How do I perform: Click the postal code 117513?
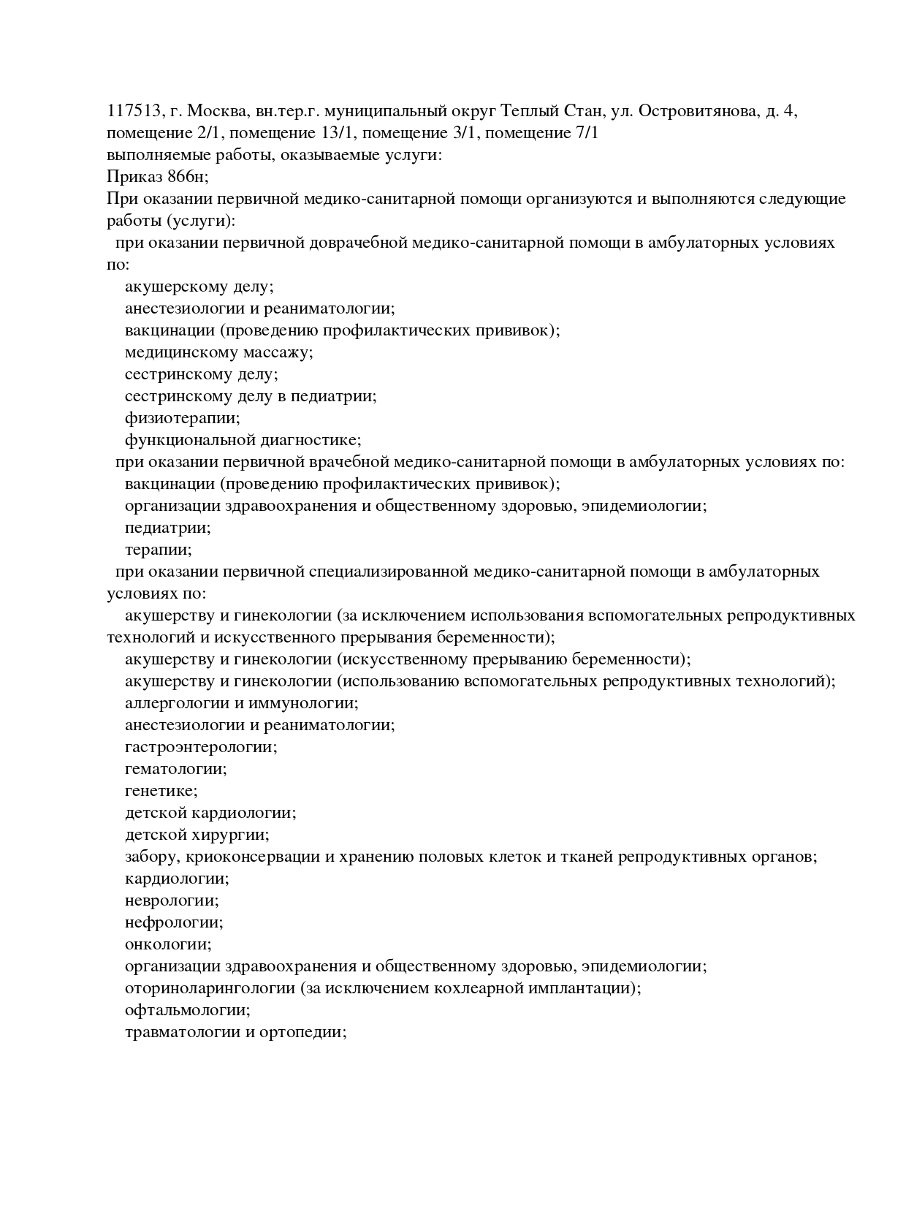133,111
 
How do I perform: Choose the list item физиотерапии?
182,418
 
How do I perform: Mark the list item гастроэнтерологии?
200,747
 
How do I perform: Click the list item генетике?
161,791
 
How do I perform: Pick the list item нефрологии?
174,922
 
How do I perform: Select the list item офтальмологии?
187,1010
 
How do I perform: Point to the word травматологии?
183,1032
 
